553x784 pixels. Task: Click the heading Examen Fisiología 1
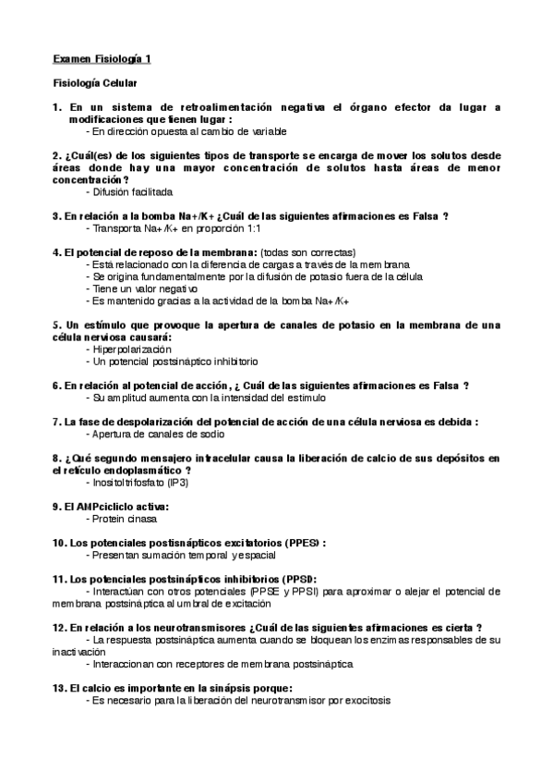(x=102, y=58)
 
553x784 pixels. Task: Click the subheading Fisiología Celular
(x=95, y=83)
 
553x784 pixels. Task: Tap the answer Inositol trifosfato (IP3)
(x=145, y=483)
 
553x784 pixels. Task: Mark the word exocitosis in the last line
(x=366, y=701)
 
